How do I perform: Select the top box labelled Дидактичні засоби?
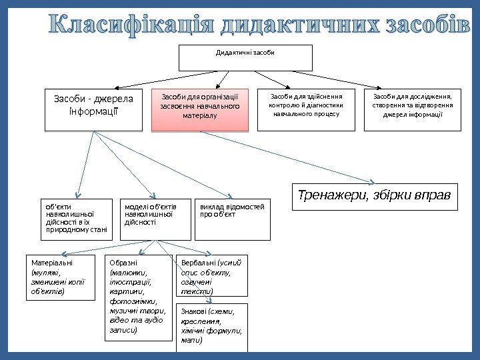[245, 57]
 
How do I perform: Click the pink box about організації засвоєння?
[200, 109]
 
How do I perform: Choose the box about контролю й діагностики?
[307, 109]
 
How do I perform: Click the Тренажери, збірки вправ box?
[375, 197]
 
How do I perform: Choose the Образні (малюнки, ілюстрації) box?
[139, 297]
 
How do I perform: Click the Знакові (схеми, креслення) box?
[211, 327]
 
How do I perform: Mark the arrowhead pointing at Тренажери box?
[373, 181]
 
